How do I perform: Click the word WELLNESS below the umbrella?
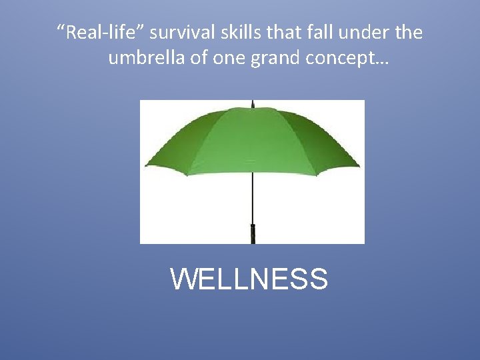tap(249, 279)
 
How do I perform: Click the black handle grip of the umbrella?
tap(253, 233)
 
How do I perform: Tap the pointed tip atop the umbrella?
tap(253, 103)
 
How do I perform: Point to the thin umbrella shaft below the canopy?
tap(253, 200)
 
